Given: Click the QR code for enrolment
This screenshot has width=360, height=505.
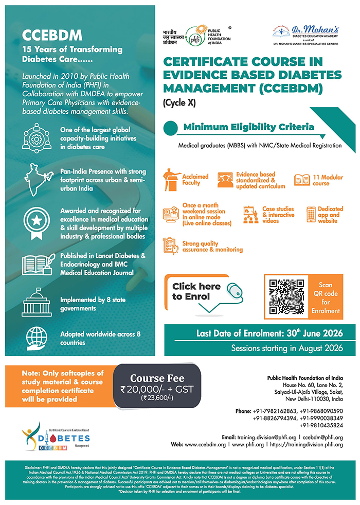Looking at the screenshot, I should pyautogui.click(x=287, y=297).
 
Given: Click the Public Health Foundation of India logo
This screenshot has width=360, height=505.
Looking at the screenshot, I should pyautogui.click(x=195, y=38).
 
